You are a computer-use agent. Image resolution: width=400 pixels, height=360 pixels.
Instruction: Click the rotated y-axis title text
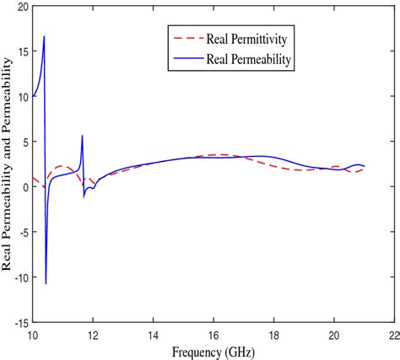(7, 164)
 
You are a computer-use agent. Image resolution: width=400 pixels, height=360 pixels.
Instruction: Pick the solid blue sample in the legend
(186, 60)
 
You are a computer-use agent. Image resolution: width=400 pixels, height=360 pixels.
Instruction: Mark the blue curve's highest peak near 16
(44, 36)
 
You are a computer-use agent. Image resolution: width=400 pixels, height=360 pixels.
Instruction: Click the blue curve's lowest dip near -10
(46, 283)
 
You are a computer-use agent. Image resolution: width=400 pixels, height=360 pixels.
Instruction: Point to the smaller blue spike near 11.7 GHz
(82, 136)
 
